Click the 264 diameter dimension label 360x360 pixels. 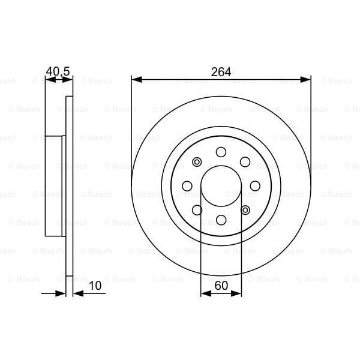221,71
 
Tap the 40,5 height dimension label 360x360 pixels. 58,71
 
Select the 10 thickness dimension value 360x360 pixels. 95,287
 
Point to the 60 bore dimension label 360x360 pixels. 221,287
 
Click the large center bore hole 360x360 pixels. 221,185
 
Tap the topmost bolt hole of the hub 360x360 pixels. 221,151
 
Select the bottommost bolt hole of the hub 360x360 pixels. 221,220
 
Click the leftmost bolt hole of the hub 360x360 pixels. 187,185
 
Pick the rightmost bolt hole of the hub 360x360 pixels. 255,185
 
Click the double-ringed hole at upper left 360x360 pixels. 197,161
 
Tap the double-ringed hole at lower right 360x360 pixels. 245,210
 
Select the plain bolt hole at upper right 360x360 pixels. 245,161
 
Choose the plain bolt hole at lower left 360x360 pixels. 197,210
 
